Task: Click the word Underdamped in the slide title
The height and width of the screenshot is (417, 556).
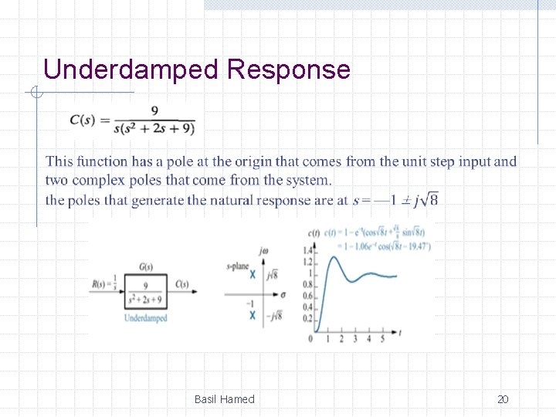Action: click(131, 70)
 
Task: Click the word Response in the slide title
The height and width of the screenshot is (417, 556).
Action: click(289, 70)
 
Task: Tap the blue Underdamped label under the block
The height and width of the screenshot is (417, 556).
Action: click(146, 318)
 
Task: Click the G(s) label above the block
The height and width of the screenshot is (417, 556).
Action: click(145, 267)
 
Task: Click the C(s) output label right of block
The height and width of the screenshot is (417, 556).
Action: click(182, 284)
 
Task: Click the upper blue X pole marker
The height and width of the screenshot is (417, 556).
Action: click(253, 274)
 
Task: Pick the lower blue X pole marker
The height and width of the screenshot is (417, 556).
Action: click(252, 314)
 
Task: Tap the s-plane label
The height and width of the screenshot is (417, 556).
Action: click(237, 266)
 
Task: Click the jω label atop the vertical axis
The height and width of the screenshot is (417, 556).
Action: click(264, 250)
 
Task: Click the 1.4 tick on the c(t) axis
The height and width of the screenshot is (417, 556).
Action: click(309, 250)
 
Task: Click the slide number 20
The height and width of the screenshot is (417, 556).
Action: click(503, 399)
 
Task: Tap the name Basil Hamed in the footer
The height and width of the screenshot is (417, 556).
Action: click(224, 399)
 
